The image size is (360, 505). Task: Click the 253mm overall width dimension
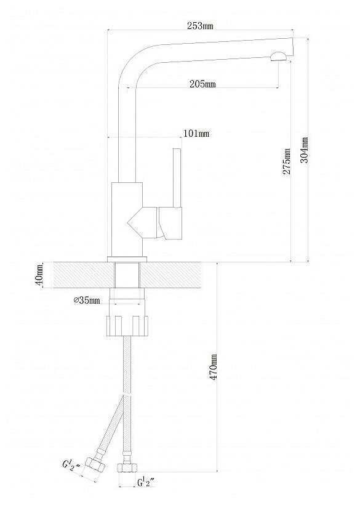pyautogui.click(x=200, y=26)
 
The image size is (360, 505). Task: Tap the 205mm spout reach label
pyautogui.click(x=202, y=84)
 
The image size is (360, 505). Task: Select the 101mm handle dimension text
pyautogui.click(x=196, y=134)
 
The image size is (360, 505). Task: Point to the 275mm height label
pyautogui.click(x=286, y=161)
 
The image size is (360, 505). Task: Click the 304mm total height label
pyautogui.click(x=304, y=150)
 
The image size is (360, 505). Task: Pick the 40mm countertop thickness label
pyautogui.click(x=39, y=275)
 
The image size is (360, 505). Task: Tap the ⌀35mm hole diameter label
pyautogui.click(x=87, y=301)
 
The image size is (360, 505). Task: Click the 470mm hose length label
pyautogui.click(x=214, y=366)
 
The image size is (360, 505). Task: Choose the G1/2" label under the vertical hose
pyautogui.click(x=146, y=482)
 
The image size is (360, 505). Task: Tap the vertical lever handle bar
pyautogui.click(x=177, y=179)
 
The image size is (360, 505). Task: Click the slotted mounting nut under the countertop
pyautogui.click(x=127, y=326)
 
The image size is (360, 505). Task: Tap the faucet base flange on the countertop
pyautogui.click(x=127, y=259)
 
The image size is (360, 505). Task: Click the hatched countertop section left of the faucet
pyautogui.click(x=79, y=275)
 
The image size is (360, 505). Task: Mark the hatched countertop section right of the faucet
pyautogui.click(x=171, y=275)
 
